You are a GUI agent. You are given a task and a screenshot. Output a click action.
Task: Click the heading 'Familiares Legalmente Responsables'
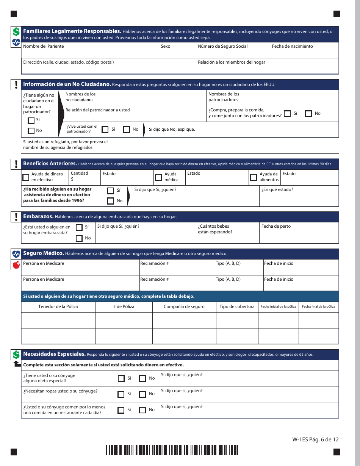click(x=72, y=31)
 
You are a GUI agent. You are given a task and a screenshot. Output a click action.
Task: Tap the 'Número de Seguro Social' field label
click(x=222, y=46)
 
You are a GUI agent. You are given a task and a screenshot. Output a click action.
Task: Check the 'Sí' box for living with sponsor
click(x=105, y=130)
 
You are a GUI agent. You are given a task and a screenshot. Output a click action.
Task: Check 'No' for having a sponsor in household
click(x=31, y=131)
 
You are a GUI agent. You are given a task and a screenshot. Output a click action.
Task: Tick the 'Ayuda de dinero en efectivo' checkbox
click(x=26, y=177)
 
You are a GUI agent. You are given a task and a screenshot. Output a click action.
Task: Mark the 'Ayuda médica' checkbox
click(x=158, y=177)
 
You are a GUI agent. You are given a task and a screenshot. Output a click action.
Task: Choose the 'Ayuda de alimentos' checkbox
click(x=254, y=177)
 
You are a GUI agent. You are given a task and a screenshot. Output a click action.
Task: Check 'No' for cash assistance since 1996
click(x=111, y=201)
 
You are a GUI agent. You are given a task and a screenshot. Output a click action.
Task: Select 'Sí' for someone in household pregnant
click(x=79, y=227)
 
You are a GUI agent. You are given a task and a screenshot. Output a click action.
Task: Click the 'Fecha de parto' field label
click(x=276, y=226)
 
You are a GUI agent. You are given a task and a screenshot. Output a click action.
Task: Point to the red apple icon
click(x=16, y=265)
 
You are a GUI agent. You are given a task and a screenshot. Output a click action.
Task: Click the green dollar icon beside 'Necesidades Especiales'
click(x=16, y=355)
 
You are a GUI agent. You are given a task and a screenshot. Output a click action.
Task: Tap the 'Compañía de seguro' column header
click(x=184, y=306)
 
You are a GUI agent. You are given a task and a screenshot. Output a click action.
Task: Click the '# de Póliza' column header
click(x=124, y=306)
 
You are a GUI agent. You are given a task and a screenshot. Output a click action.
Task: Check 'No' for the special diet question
click(x=142, y=378)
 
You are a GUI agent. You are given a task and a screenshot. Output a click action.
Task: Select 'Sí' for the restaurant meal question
click(x=121, y=410)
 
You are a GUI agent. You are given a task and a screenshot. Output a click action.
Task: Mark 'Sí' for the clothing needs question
click(x=121, y=394)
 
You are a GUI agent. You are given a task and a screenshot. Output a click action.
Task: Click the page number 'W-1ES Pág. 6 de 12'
click(x=315, y=439)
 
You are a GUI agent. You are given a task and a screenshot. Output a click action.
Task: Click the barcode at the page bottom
click(x=172, y=450)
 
